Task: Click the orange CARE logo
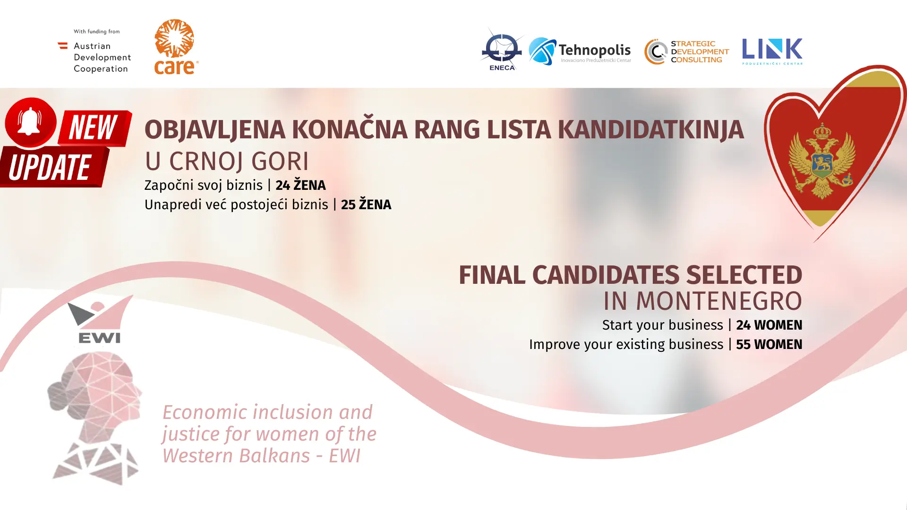coord(176,47)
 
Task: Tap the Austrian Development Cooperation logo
coord(94,51)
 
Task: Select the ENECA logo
coord(502,49)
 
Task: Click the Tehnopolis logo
coord(580,51)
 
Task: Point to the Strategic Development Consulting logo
coord(686,51)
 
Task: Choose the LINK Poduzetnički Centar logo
coord(772,51)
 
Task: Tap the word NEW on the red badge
coord(93,127)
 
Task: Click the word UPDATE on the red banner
coord(50,167)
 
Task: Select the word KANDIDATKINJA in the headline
coord(650,130)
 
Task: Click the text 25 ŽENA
coord(366,204)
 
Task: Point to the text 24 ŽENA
coord(300,185)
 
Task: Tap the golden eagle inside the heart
coord(822,161)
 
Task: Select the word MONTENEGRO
coord(719,301)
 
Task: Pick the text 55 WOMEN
coord(769,345)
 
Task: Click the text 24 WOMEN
coord(769,325)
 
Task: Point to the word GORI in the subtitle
coord(280,161)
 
